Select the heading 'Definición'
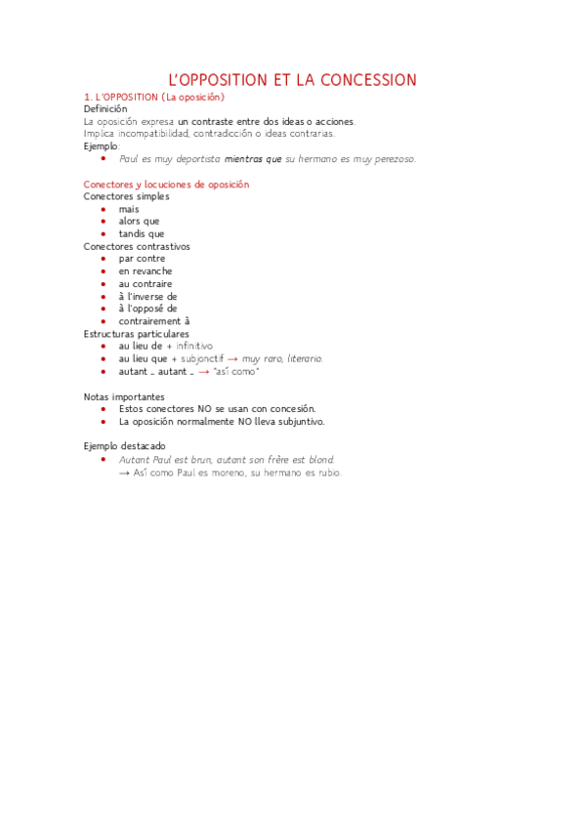[x=105, y=109]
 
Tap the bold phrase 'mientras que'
[x=253, y=158]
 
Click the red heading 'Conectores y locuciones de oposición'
[x=166, y=184]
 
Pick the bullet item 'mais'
[x=129, y=209]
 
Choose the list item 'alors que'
[x=139, y=222]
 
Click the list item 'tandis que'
[x=142, y=234]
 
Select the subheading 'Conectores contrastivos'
[x=137, y=246]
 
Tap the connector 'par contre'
[x=142, y=259]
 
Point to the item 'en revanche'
[x=146, y=271]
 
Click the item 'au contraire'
[x=146, y=284]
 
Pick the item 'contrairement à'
[x=154, y=321]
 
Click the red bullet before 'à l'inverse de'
[x=104, y=297]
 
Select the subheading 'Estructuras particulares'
[x=137, y=334]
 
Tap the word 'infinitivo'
[x=194, y=347]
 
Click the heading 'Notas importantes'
[x=124, y=396]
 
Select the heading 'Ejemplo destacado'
[x=124, y=446]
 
